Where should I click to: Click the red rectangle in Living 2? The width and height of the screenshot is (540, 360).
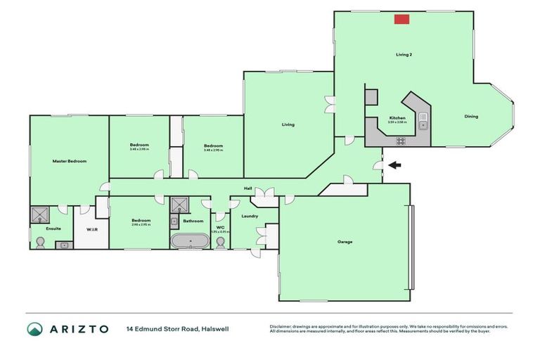(x=402, y=20)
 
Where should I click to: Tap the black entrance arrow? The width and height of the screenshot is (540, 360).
(x=396, y=166)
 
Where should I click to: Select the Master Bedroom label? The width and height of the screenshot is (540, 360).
(x=70, y=161)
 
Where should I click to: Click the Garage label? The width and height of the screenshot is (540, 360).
(x=345, y=242)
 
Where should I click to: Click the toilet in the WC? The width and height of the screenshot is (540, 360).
(x=221, y=241)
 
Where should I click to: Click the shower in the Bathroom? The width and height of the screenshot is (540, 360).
(x=181, y=205)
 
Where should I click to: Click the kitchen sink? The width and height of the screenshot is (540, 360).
(x=423, y=125)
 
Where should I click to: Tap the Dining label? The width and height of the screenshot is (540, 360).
(x=471, y=117)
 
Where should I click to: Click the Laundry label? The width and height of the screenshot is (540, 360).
(x=249, y=216)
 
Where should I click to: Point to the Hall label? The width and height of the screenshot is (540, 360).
(x=248, y=188)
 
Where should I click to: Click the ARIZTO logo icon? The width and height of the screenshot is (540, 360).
(x=34, y=329)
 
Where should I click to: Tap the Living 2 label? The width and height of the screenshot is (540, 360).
(x=403, y=53)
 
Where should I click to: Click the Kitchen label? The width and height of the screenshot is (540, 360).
(x=397, y=117)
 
